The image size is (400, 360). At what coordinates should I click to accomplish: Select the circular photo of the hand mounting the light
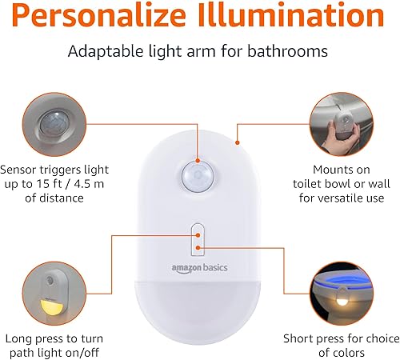[342, 125]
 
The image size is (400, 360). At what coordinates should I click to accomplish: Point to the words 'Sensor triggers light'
[55, 170]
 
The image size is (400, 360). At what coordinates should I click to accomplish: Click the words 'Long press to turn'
[55, 338]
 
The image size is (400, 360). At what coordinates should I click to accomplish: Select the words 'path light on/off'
[55, 352]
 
